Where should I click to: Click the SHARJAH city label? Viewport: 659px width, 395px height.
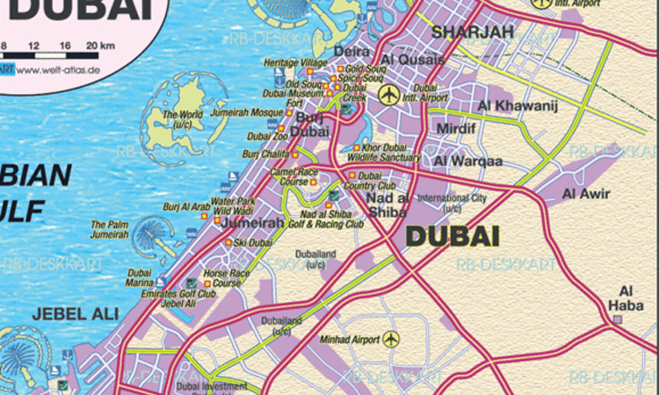(x=472, y=33)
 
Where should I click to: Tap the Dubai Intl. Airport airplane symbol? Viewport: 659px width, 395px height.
(x=387, y=94)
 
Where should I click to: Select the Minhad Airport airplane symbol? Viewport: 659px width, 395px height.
(x=391, y=338)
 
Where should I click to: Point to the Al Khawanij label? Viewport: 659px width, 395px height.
(x=505, y=106)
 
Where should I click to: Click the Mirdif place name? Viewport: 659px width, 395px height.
(x=459, y=128)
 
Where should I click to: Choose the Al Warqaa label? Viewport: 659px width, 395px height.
(x=468, y=161)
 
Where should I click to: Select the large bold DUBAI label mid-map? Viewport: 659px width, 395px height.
(x=452, y=236)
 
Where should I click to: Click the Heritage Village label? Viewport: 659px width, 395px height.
(x=295, y=64)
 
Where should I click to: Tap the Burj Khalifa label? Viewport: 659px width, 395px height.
(x=264, y=154)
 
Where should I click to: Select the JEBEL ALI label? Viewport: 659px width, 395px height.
(x=62, y=313)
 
